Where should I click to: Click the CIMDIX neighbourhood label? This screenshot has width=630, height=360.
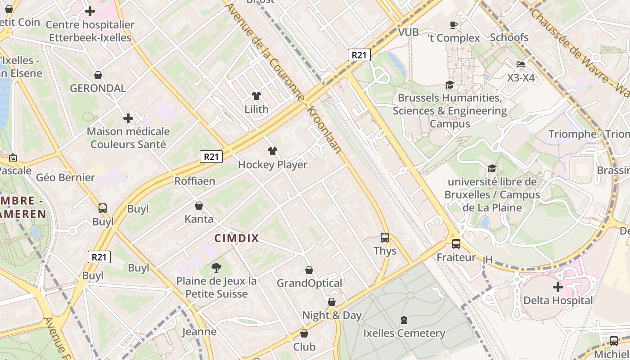[x=237, y=238]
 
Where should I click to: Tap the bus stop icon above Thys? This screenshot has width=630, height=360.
[x=385, y=237]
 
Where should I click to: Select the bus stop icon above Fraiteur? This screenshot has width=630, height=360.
[x=456, y=244]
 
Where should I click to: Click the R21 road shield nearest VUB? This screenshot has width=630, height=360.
[x=359, y=55]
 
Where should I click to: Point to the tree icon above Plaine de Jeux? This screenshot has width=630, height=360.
[x=216, y=268]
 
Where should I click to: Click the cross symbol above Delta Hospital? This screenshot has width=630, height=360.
[x=558, y=287]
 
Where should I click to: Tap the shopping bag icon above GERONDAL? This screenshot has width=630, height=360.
[x=98, y=75]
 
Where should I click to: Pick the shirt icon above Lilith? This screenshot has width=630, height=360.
[x=256, y=95]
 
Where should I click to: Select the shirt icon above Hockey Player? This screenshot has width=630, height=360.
[x=273, y=151]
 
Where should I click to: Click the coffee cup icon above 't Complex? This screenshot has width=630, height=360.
[x=454, y=25]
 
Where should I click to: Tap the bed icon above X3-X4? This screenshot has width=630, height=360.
[x=521, y=64]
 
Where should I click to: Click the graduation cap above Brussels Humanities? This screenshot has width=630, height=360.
[x=450, y=85]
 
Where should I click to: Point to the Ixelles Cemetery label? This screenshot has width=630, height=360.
[x=404, y=333]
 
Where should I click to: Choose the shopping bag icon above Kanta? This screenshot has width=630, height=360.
[x=199, y=206]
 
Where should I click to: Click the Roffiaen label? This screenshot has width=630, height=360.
[x=195, y=181]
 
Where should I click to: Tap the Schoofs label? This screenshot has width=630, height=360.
[x=509, y=37]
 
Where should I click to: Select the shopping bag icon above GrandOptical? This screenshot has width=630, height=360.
[x=309, y=270]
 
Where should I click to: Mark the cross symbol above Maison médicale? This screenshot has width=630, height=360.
[x=128, y=118]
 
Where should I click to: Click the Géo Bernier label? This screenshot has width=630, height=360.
[x=66, y=177]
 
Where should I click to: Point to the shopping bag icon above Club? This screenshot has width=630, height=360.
[x=304, y=334]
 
